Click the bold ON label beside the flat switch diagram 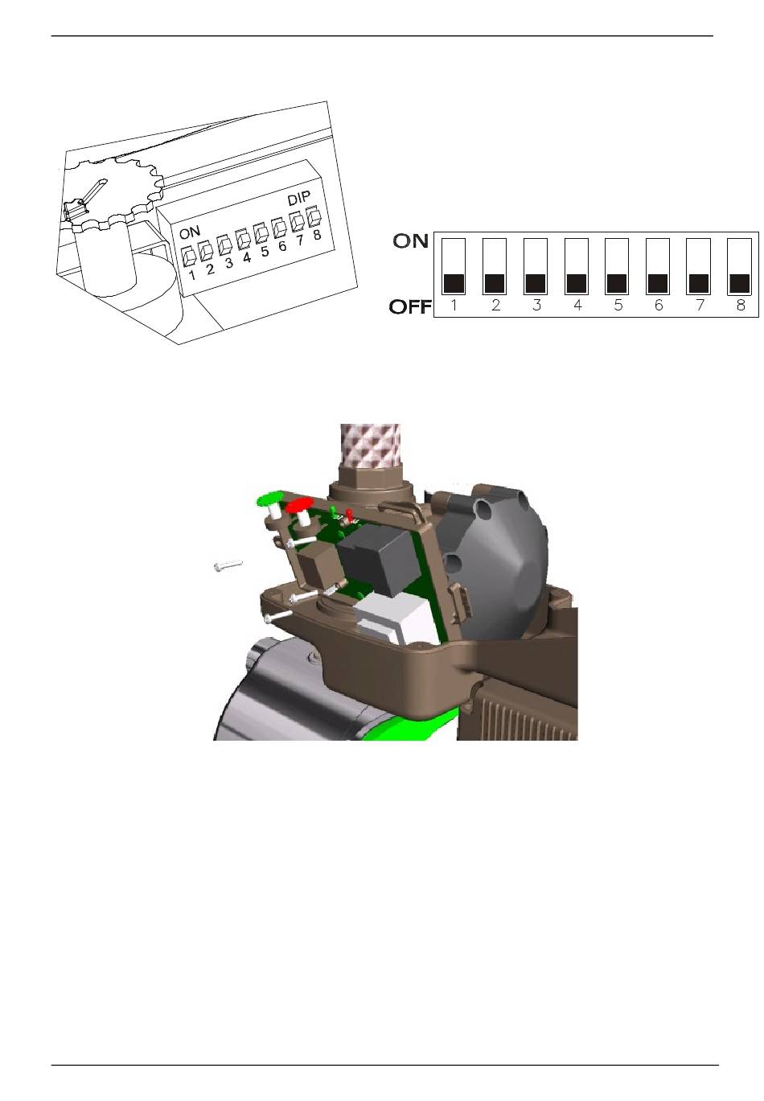tap(410, 240)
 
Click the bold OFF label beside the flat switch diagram tap(410, 306)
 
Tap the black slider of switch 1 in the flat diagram tap(454, 284)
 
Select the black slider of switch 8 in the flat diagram tap(739, 284)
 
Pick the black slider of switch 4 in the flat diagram tap(576, 284)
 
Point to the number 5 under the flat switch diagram tap(618, 306)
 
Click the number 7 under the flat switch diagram tap(700, 306)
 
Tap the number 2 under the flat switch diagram tap(495, 306)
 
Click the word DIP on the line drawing tap(299, 199)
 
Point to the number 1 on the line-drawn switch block tap(192, 275)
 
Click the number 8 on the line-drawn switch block tap(317, 235)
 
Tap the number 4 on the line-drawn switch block tap(247, 257)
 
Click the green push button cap tap(270, 498)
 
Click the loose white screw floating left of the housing tap(228, 565)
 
